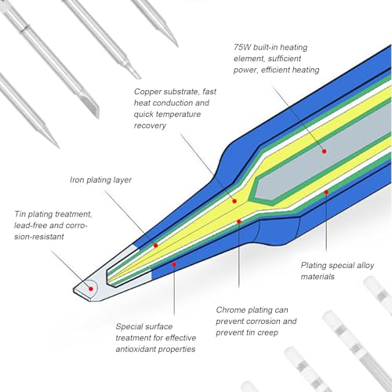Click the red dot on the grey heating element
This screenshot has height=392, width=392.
click(325, 151)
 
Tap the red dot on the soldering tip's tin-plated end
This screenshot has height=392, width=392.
click(91, 289)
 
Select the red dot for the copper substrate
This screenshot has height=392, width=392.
click(234, 201)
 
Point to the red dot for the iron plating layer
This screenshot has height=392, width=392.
click(156, 245)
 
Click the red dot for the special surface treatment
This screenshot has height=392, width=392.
click(174, 264)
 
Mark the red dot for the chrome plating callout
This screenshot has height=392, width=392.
click(239, 222)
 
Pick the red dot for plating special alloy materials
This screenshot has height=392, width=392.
click(326, 192)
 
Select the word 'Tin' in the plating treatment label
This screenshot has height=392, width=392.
click(20, 214)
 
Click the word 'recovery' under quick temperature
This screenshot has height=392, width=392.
click(150, 125)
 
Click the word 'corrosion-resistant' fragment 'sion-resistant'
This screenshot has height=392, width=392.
click(39, 237)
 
